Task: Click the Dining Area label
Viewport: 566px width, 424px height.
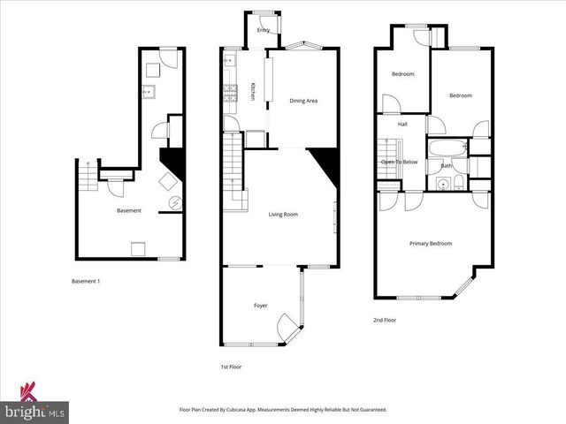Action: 303,101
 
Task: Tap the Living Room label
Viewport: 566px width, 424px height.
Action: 284,214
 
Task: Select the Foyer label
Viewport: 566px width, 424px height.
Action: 261,305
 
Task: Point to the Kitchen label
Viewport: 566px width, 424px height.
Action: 253,91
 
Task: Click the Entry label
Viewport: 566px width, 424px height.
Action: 264,30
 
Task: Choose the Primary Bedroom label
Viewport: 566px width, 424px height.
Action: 430,243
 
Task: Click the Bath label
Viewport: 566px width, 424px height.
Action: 447,165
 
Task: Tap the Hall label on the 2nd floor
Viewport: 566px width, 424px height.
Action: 402,124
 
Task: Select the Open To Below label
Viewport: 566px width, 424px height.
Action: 399,163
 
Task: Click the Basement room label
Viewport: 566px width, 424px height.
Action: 129,210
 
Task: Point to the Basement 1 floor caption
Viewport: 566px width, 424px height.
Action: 86,281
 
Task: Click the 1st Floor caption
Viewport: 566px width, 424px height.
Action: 231,366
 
